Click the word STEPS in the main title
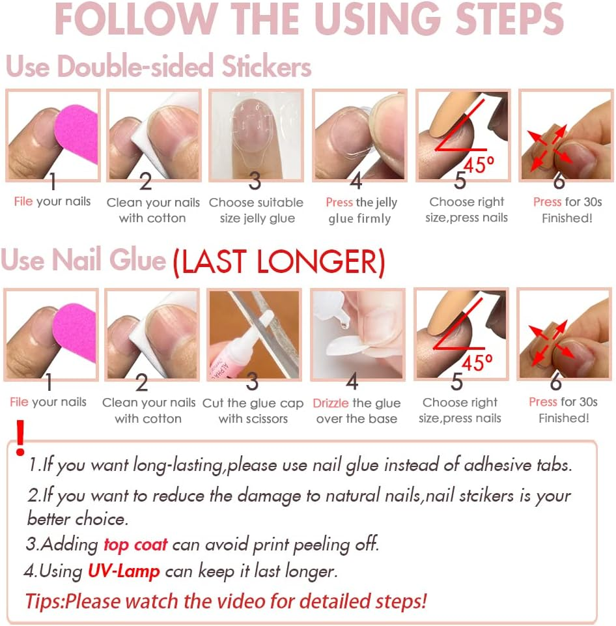pos(509,19)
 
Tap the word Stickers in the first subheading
pos(266,66)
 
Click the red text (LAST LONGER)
pos(279,262)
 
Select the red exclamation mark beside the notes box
pos(20,438)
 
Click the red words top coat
pos(135,545)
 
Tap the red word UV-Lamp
pos(124,571)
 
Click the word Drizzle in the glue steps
pos(330,403)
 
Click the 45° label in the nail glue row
pos(477,362)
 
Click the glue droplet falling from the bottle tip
pos(344,324)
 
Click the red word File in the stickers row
pos(23,201)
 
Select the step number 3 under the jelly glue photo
pos(255,181)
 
